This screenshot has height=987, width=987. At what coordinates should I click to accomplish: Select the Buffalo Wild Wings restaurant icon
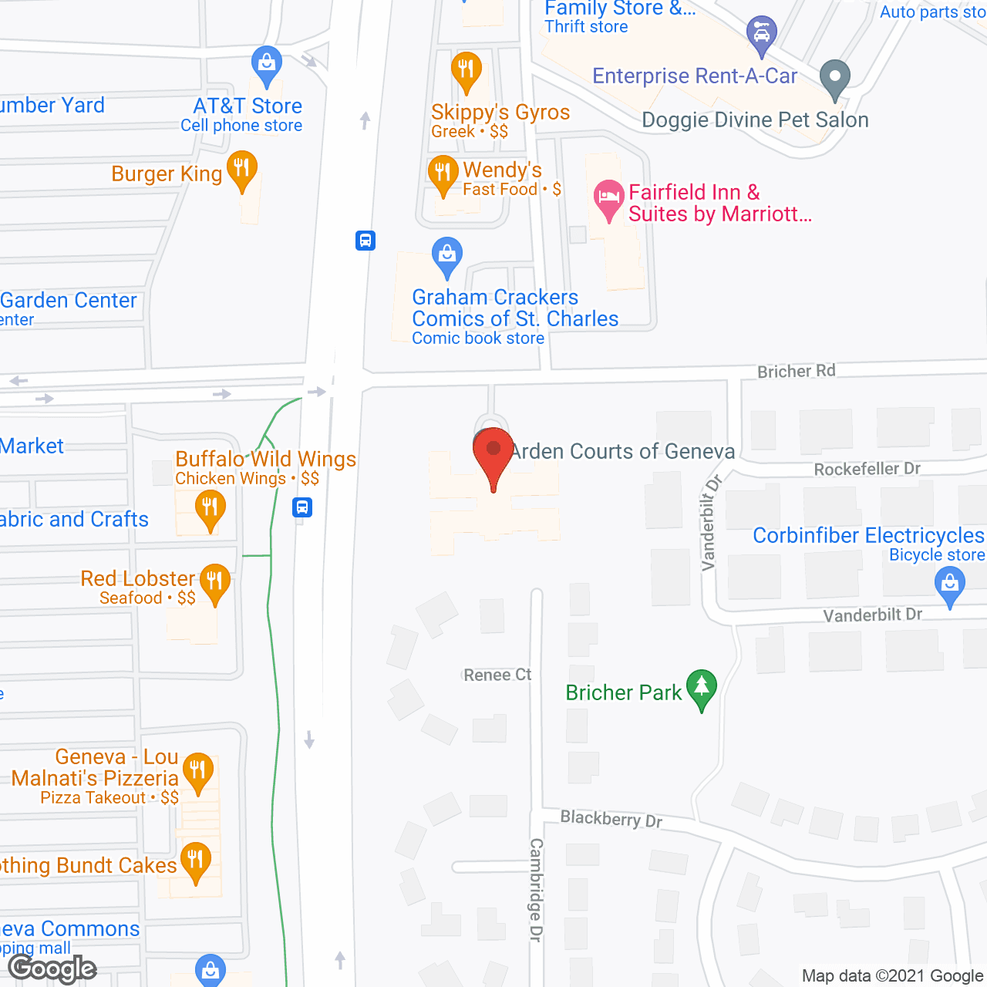click(x=210, y=508)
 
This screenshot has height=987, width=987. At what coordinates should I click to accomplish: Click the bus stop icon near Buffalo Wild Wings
click(x=302, y=507)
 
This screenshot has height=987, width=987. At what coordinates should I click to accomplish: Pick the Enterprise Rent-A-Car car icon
click(x=761, y=34)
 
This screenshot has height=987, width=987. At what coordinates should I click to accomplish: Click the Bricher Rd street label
click(x=796, y=371)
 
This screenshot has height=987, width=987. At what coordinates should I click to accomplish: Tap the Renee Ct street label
click(x=497, y=675)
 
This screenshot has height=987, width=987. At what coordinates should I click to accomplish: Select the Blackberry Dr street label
click(x=611, y=818)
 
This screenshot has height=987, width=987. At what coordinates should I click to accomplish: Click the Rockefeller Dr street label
click(x=867, y=469)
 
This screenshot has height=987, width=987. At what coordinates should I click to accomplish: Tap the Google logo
click(x=52, y=968)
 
